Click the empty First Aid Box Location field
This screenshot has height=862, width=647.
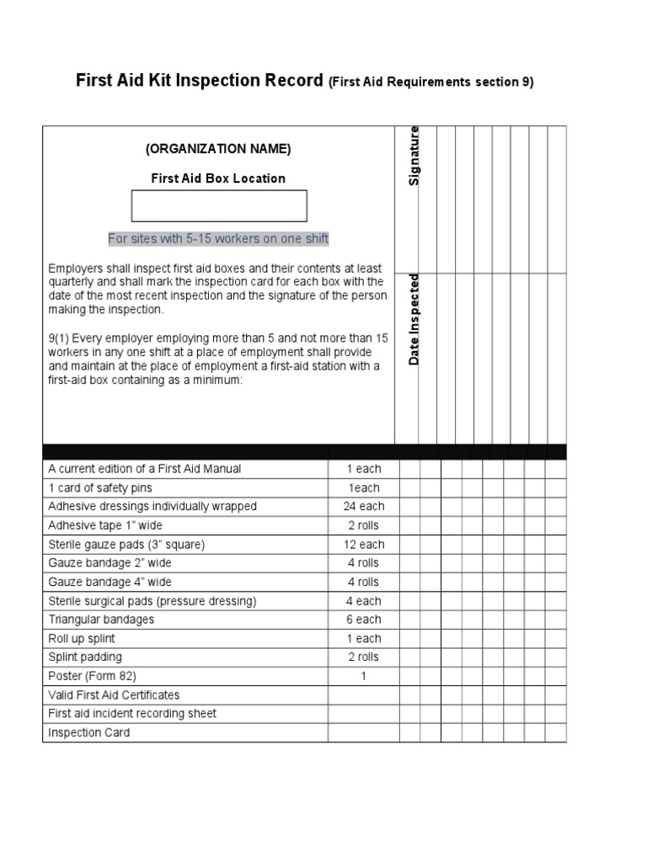tap(219, 206)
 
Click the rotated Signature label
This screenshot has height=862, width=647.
tap(414, 156)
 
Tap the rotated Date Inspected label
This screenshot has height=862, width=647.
tap(414, 320)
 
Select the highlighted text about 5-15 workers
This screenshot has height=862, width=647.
tap(218, 239)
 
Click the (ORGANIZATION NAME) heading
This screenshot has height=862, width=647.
tap(218, 149)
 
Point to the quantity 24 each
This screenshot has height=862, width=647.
tap(364, 507)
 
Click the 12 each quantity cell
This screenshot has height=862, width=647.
tap(364, 545)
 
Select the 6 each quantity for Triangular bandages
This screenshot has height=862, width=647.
tap(364, 620)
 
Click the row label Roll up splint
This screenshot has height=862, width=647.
tap(82, 639)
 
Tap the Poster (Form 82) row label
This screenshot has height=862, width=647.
tap(92, 676)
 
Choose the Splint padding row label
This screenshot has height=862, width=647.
tap(85, 657)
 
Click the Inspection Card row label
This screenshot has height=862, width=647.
tap(89, 732)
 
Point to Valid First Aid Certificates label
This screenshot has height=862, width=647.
tap(114, 695)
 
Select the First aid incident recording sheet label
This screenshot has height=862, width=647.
tap(132, 714)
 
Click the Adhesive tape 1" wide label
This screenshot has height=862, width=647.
tap(105, 525)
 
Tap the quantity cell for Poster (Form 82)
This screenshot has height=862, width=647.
tap(364, 676)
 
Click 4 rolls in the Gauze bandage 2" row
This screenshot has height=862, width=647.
tap(364, 563)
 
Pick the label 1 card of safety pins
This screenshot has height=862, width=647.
tap(100, 488)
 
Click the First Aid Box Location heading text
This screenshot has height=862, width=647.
tap(218, 178)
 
